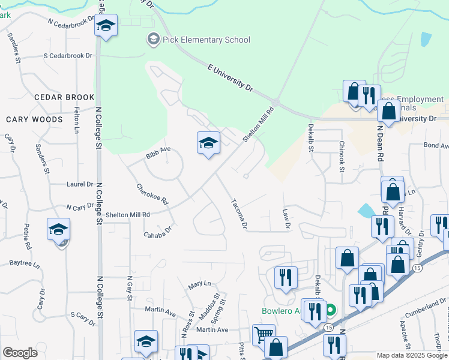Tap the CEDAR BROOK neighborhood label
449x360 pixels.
64,97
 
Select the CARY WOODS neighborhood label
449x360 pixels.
34,119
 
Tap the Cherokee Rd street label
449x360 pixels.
152,194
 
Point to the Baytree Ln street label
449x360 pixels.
25,263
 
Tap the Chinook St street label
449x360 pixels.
341,157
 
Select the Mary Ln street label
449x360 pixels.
200,283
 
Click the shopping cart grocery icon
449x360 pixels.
263,334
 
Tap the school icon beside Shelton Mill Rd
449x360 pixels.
208,143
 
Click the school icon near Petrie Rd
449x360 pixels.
59,229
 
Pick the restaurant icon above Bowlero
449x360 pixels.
286,277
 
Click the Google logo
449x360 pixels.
20,353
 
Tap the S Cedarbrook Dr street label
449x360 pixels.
68,56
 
